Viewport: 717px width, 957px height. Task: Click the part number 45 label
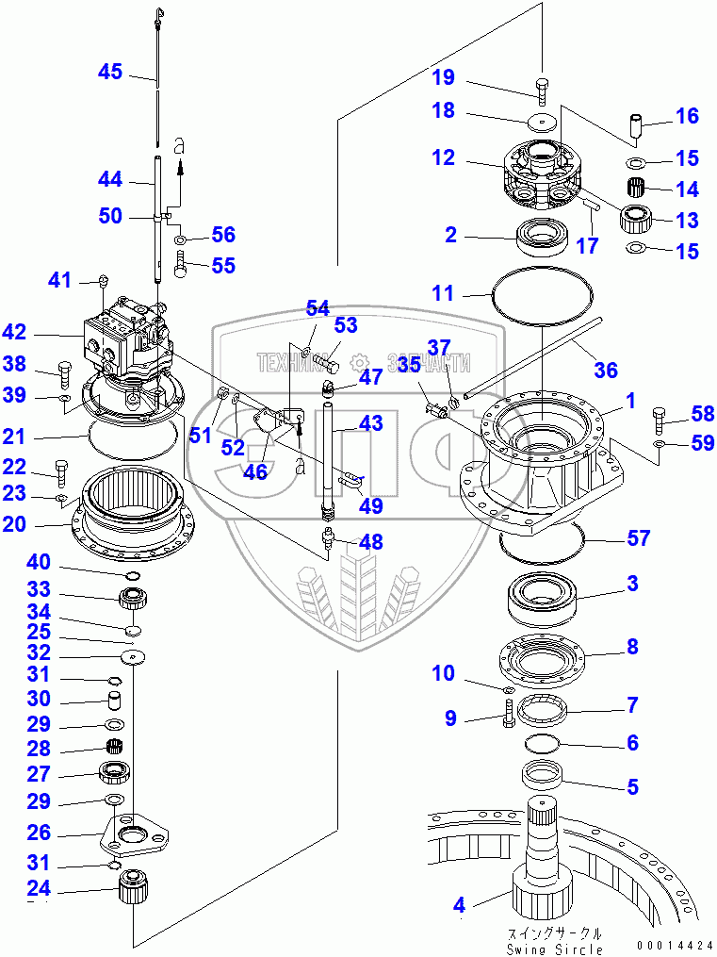pyautogui.click(x=110, y=72)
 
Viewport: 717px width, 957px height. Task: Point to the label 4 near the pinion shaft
pyautogui.click(x=459, y=906)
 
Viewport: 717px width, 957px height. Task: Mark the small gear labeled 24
pyautogui.click(x=134, y=889)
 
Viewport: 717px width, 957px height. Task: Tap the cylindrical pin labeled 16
pyautogui.click(x=637, y=124)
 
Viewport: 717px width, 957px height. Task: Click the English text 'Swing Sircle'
pyautogui.click(x=553, y=949)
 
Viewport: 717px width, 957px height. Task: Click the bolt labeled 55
pyautogui.click(x=180, y=267)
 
